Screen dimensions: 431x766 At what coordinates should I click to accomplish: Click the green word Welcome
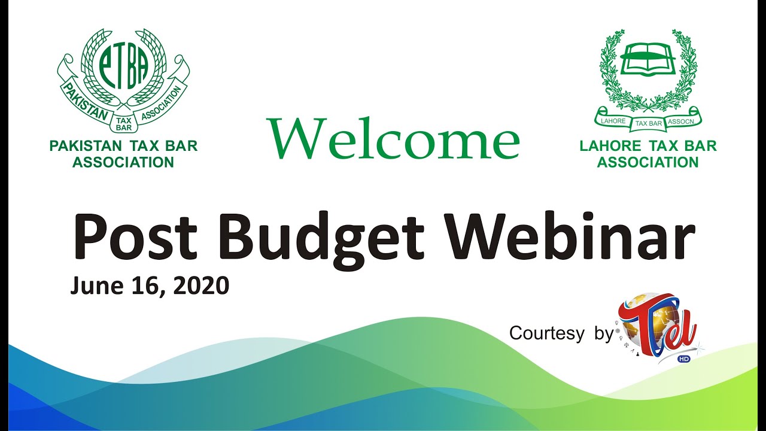point(393,139)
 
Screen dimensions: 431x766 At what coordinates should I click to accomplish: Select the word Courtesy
point(546,333)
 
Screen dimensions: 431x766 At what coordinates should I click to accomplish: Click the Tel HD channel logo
point(659,326)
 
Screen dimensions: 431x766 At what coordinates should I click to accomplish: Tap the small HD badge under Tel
point(683,359)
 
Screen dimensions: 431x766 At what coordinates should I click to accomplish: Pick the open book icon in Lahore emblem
point(648,60)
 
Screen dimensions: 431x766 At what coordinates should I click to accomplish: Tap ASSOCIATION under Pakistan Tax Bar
point(123,162)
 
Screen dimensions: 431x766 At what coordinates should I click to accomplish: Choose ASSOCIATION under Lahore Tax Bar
point(648,162)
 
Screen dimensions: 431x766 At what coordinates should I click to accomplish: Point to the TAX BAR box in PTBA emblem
point(124,122)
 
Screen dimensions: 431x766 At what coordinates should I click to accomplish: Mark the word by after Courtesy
point(604,333)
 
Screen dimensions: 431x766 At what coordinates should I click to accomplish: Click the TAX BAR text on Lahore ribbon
point(648,123)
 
